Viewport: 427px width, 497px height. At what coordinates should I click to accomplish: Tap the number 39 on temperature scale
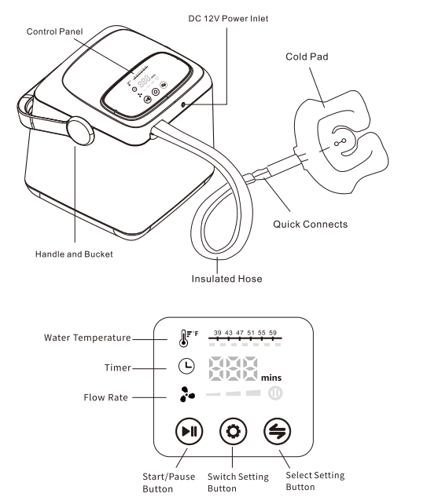tap(218, 333)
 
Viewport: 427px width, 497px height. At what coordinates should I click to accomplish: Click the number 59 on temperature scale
tap(273, 333)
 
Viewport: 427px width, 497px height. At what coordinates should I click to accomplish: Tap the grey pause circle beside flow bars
tap(275, 393)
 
